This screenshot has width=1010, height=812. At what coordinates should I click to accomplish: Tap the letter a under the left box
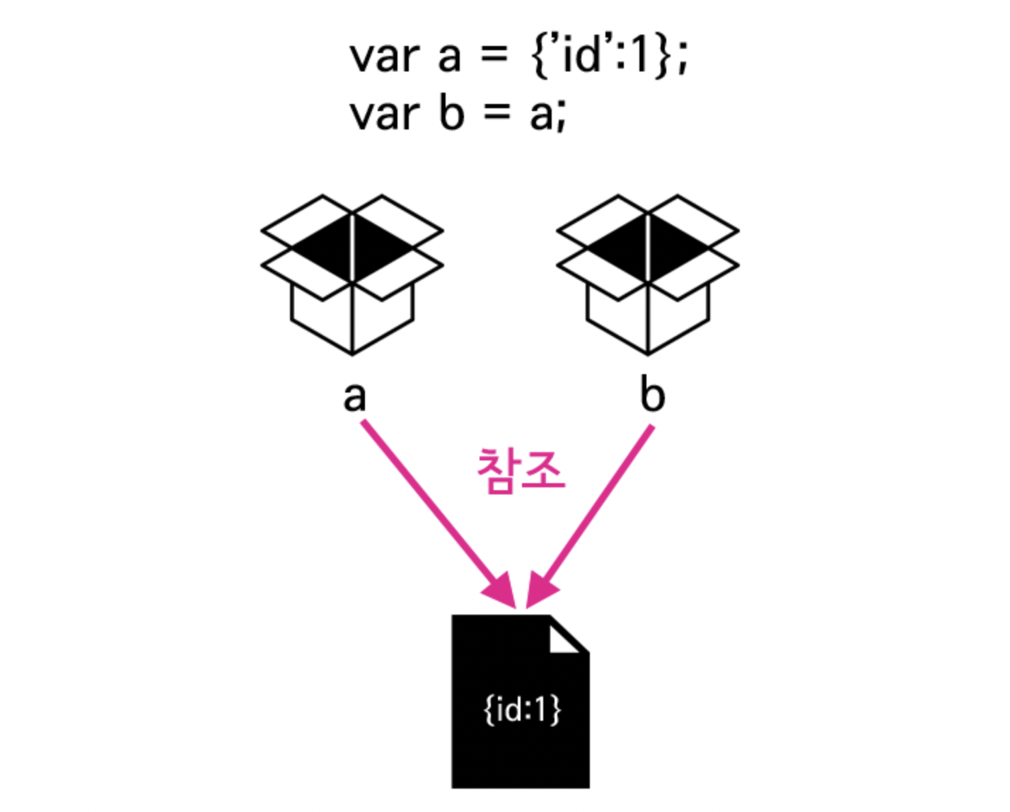(354, 397)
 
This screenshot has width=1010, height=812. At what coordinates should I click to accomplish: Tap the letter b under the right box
(652, 395)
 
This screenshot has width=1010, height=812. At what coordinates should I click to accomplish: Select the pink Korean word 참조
(521, 470)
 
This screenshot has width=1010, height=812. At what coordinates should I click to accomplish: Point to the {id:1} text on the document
(522, 709)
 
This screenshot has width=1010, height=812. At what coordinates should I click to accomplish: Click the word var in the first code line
(385, 57)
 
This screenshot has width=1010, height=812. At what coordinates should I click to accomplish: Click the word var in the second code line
(385, 114)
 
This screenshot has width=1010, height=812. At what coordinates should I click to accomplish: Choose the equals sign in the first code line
(494, 55)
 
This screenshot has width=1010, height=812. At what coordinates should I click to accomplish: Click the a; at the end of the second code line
(548, 115)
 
